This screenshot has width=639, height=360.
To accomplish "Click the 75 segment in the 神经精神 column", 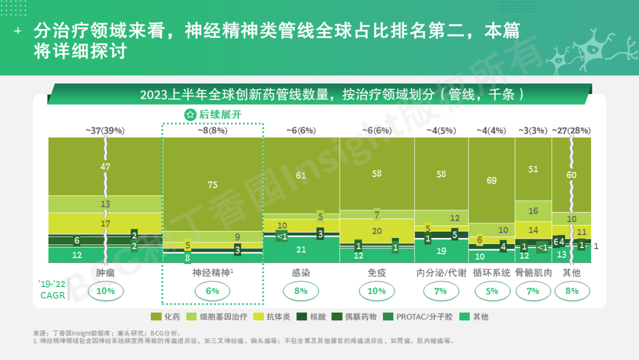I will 212,185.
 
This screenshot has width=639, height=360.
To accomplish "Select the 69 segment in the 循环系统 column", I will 491,181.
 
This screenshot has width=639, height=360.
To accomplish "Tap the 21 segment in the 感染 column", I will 301,249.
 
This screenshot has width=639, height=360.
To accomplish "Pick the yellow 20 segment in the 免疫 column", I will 376,231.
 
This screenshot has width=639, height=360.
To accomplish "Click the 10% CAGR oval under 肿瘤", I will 105,291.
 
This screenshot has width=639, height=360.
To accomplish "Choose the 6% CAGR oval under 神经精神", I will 212,291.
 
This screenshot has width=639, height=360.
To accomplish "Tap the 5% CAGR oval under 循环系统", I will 491,291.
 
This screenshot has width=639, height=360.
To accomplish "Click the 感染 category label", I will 301,273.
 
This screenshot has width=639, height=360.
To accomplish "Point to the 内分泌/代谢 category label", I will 440,273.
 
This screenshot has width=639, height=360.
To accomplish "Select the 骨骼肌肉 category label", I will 533,273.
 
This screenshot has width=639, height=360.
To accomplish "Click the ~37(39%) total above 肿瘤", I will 105,130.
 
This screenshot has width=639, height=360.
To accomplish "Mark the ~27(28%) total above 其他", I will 571,130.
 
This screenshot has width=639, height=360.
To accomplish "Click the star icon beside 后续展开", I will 191,115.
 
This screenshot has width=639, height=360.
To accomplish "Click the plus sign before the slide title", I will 18,31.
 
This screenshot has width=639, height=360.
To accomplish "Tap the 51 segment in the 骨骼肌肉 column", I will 533,169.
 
